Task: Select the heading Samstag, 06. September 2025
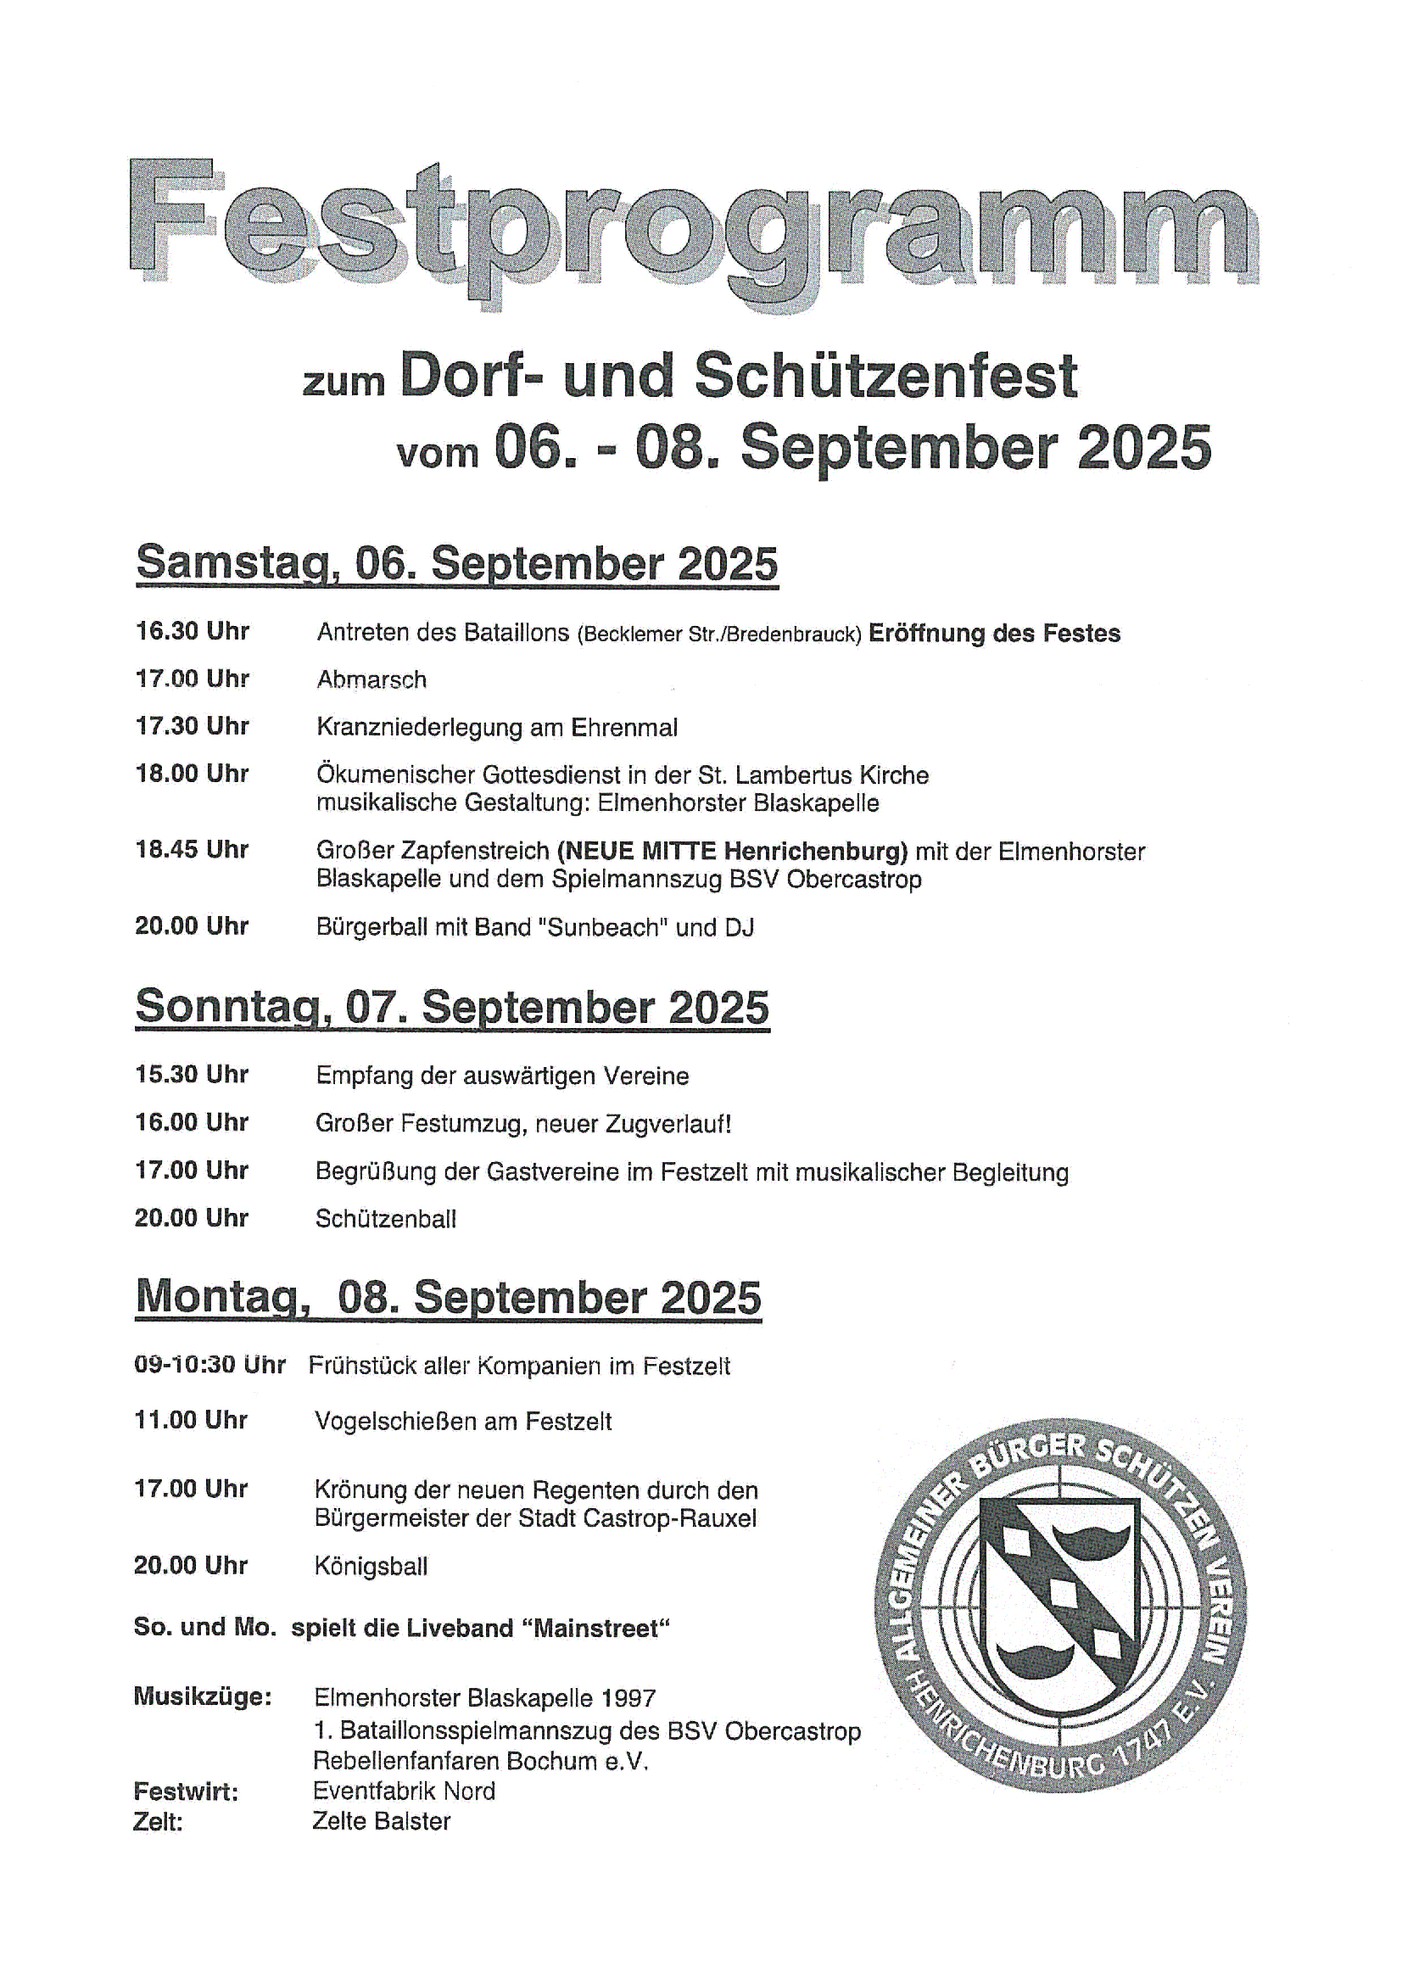[x=457, y=563]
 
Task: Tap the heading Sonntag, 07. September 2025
[x=452, y=1007]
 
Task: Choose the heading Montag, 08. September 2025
[x=449, y=1297]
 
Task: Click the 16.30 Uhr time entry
[x=192, y=632]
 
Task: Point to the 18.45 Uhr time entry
[x=192, y=850]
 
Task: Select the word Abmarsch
[x=371, y=680]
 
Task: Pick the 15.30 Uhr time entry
[x=192, y=1075]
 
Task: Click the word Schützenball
[x=385, y=1219]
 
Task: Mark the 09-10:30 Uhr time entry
[x=209, y=1366]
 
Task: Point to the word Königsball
[x=371, y=1567]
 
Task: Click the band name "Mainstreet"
[x=601, y=1629]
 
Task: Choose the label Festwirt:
[x=186, y=1791]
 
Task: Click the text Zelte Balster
[x=381, y=1821]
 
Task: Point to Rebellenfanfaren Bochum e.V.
[x=480, y=1761]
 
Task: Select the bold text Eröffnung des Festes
[x=993, y=634]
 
